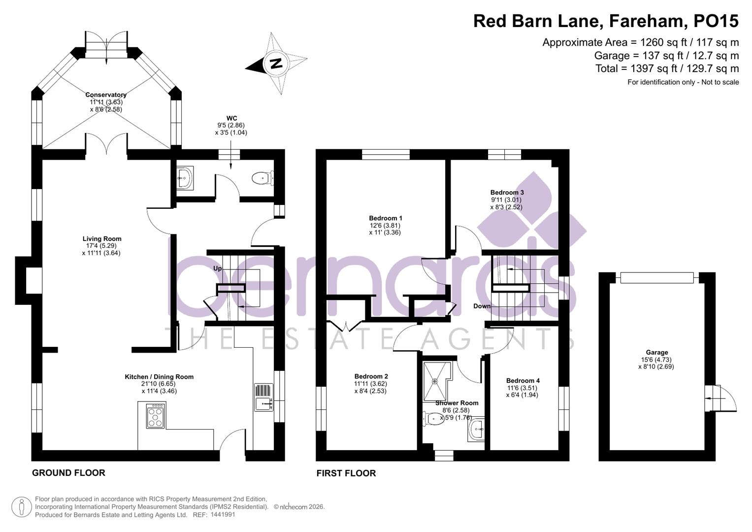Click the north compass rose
[x=276, y=64]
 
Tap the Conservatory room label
[x=106, y=95]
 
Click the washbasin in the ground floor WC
[x=185, y=177]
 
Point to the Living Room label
[x=102, y=239]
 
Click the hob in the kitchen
[x=156, y=415]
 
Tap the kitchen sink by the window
[x=263, y=398]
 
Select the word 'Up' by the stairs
[x=217, y=268]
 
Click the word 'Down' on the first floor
[x=482, y=306]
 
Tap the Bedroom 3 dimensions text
[x=506, y=203]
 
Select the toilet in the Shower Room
[x=434, y=419]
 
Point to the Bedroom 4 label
[x=523, y=380]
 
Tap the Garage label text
[x=657, y=352]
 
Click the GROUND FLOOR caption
[x=68, y=473]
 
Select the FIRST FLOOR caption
[x=346, y=473]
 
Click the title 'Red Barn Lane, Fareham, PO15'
[x=606, y=21]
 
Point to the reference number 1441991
[x=223, y=515]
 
